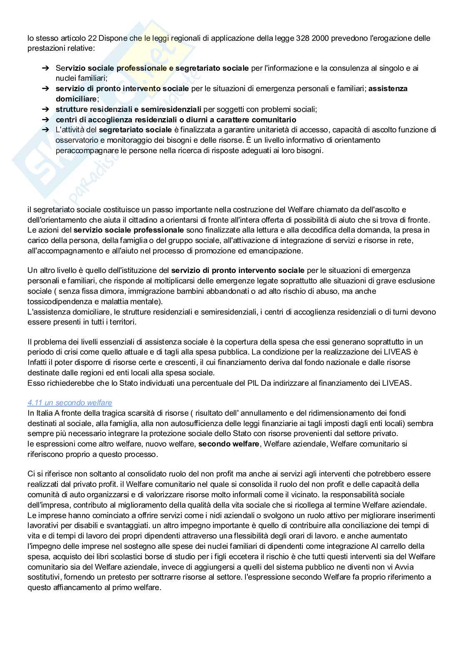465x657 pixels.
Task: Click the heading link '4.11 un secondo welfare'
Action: tap(69, 403)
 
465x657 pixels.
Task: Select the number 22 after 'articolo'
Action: tap(93, 38)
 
